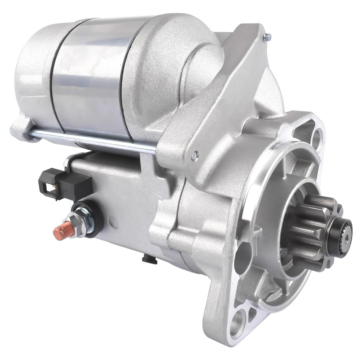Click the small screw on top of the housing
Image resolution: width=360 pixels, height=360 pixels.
tap(267, 37)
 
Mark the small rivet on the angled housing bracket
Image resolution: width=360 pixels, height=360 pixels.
tap(195, 155)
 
